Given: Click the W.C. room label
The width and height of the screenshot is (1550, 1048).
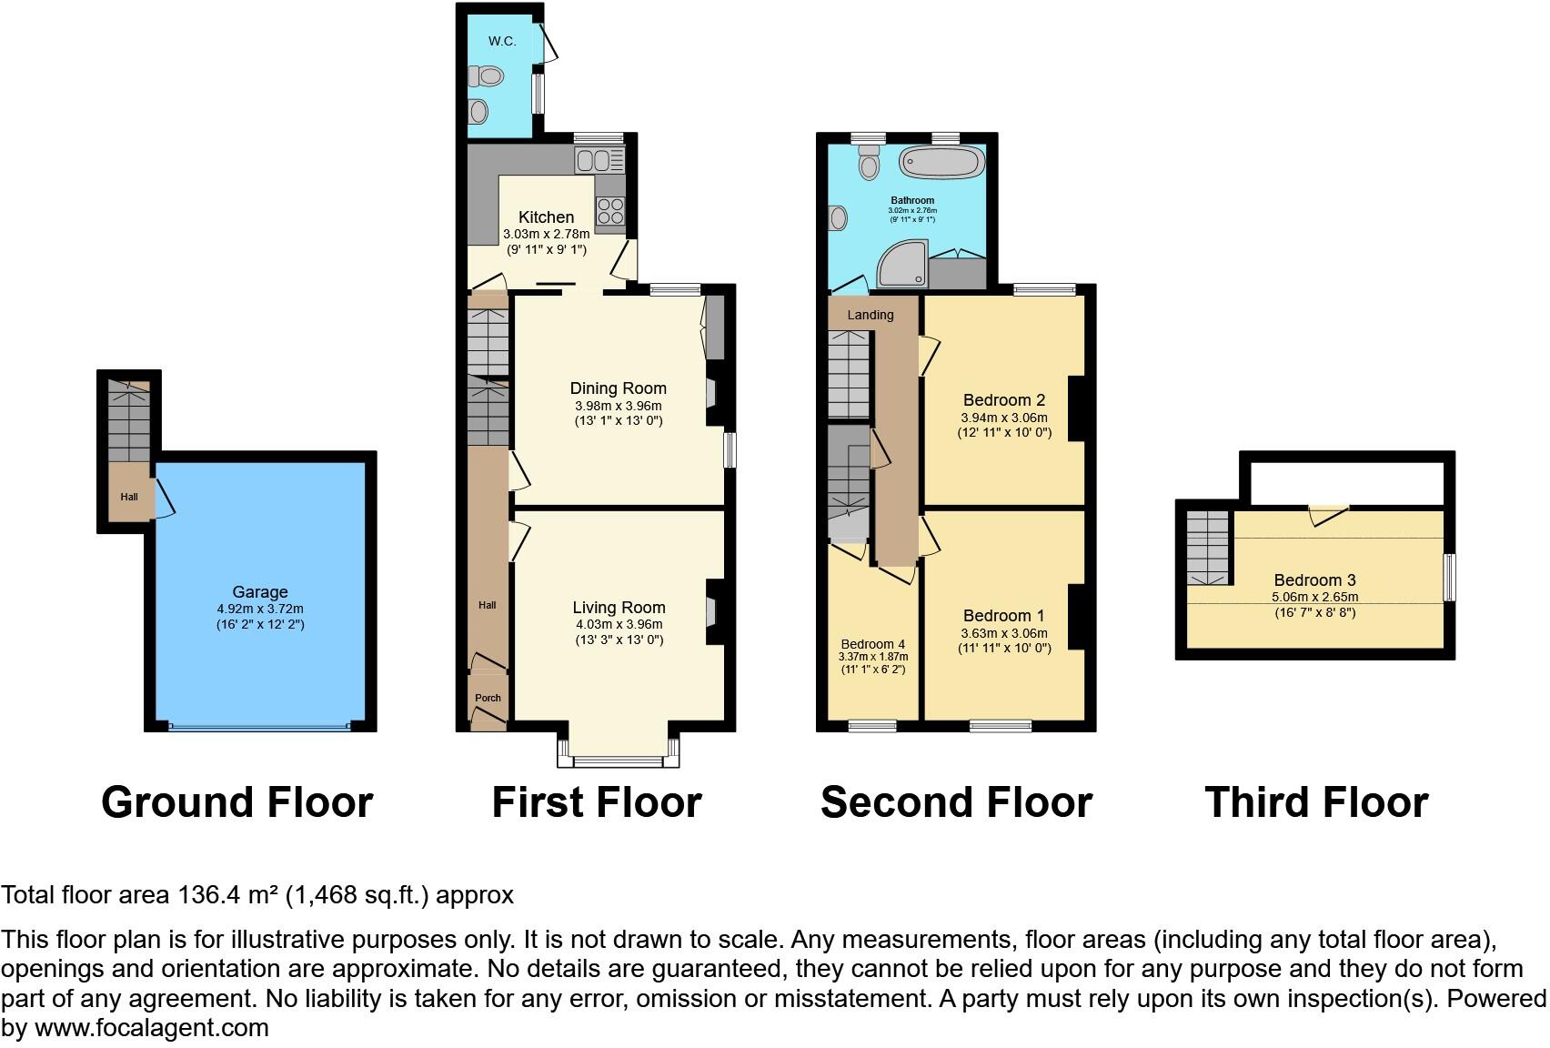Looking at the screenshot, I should [501, 41].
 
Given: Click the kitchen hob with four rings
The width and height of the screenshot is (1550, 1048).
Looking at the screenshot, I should [609, 211].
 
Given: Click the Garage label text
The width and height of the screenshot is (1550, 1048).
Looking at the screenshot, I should [259, 591].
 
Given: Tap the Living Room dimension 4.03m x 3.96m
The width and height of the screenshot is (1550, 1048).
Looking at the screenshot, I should [619, 624].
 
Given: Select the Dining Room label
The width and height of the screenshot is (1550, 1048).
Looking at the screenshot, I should [619, 388].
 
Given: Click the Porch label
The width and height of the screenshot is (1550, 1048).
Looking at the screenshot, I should [488, 698].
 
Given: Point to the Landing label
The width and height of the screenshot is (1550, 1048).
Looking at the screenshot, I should [871, 315].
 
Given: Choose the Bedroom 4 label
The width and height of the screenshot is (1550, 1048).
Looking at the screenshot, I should [872, 644].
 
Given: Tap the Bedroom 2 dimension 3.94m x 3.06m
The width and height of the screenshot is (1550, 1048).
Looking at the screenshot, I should [1003, 418].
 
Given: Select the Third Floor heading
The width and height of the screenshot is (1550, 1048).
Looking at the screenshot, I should [1315, 802].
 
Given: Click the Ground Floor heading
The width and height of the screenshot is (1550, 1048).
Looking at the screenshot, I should [237, 802].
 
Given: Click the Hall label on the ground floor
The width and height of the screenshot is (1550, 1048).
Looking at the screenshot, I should [129, 497].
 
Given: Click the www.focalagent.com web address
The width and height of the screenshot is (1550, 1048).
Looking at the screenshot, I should [152, 1028].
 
